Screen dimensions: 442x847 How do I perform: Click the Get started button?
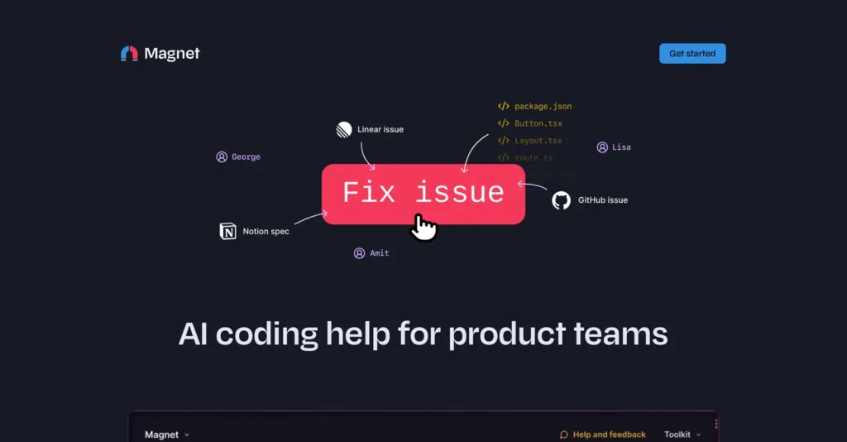point(692,54)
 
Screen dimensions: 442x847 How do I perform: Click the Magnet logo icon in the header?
point(129,54)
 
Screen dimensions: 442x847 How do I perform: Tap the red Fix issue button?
point(423,193)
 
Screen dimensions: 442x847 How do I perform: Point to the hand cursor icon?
point(424,227)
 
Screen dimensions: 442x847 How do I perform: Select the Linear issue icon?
point(344,129)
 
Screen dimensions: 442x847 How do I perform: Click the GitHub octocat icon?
point(561,200)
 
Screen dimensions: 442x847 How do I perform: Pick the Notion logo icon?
point(227,231)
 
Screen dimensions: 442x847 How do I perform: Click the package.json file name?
point(543,106)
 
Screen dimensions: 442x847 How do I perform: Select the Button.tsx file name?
point(538,123)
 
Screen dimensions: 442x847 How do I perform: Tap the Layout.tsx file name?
point(538,141)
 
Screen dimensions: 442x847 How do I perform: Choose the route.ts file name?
point(534,157)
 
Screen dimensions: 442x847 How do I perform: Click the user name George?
point(246,156)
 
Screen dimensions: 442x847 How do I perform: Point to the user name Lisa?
point(621,147)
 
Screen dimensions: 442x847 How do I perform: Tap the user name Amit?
point(379,253)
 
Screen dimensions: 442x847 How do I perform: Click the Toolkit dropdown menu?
point(682,435)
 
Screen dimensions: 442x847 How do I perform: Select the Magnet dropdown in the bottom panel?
point(166,435)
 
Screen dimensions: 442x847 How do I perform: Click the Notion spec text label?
point(266,232)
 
